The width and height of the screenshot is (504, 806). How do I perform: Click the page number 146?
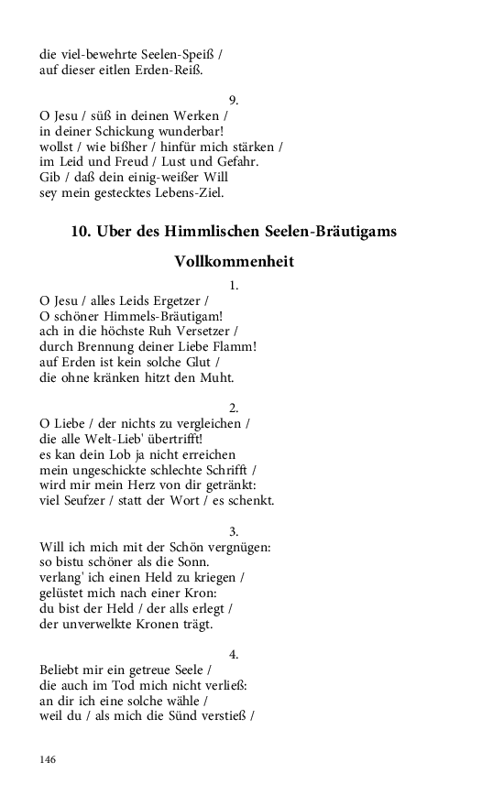point(48,759)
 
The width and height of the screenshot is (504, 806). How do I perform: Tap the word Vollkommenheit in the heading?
point(234,261)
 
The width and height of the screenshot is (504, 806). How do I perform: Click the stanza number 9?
point(234,100)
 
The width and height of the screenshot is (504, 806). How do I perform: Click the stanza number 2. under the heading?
point(234,408)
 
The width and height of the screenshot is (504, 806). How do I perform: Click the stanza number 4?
point(234,654)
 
